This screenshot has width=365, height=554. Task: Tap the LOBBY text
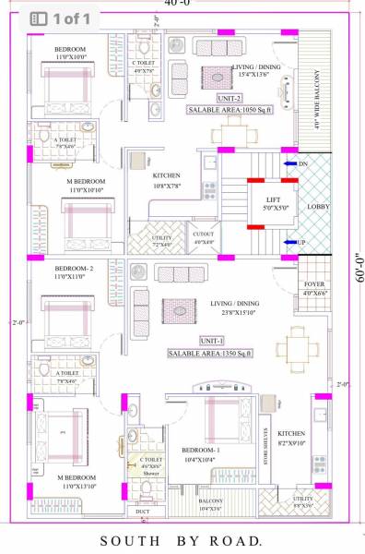pos(318,206)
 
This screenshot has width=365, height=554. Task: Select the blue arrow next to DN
pos(288,163)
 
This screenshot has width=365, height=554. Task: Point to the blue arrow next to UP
pos(288,243)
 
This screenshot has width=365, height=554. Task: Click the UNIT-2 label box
pos(230,98)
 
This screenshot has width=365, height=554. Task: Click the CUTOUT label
pos(204,235)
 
